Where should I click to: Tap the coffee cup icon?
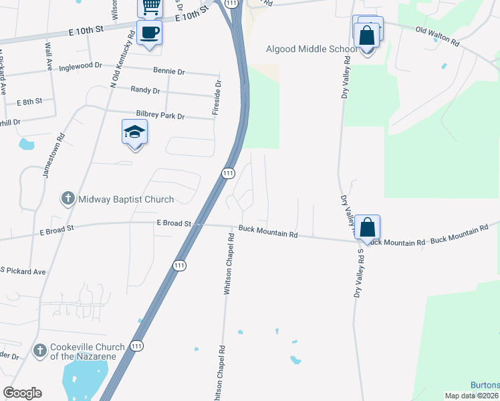[149, 32]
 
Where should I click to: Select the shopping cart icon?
[150, 7]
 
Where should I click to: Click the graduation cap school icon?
[134, 132]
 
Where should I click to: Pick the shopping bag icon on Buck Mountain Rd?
[368, 227]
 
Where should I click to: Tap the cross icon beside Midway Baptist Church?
[68, 199]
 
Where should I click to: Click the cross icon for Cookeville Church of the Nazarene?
[39, 351]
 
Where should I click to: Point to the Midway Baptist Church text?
[126, 199]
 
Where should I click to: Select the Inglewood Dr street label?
[80, 67]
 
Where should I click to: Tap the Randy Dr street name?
[145, 90]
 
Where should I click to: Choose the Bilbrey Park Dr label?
[160, 116]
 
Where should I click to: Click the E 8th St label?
[29, 101]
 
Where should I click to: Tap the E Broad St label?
[174, 223]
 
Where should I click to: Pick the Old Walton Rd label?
[437, 35]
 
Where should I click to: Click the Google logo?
[22, 393]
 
